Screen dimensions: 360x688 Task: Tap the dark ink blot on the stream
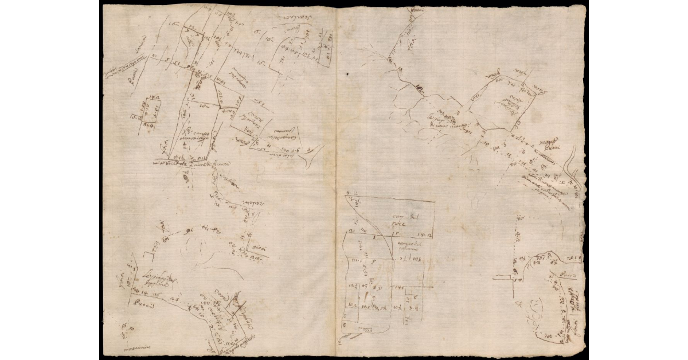pyautogui.click(x=420, y=88)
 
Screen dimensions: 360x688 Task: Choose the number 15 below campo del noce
pyautogui.click(x=394, y=234)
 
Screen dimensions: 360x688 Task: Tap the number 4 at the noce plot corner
pyautogui.click(x=348, y=193)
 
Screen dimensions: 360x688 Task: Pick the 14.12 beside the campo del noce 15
pyautogui.click(x=425, y=234)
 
